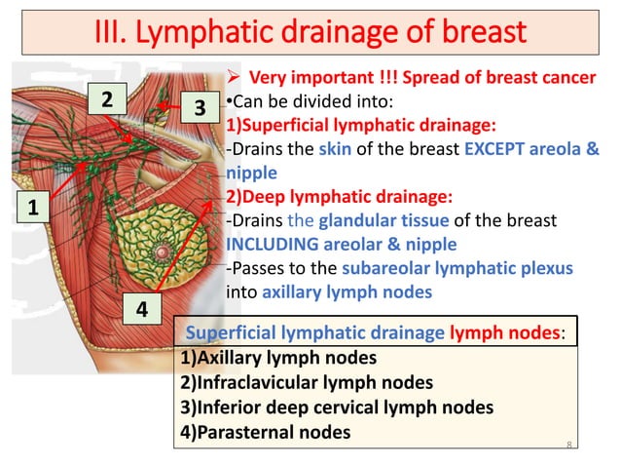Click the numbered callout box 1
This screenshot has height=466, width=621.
pyautogui.click(x=31, y=208)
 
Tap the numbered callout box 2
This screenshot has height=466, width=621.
pyautogui.click(x=108, y=98)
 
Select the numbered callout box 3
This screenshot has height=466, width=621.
pyautogui.click(x=199, y=107)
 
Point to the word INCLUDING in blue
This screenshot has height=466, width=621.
pyautogui.click(x=275, y=244)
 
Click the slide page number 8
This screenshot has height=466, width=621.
pyautogui.click(x=568, y=444)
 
